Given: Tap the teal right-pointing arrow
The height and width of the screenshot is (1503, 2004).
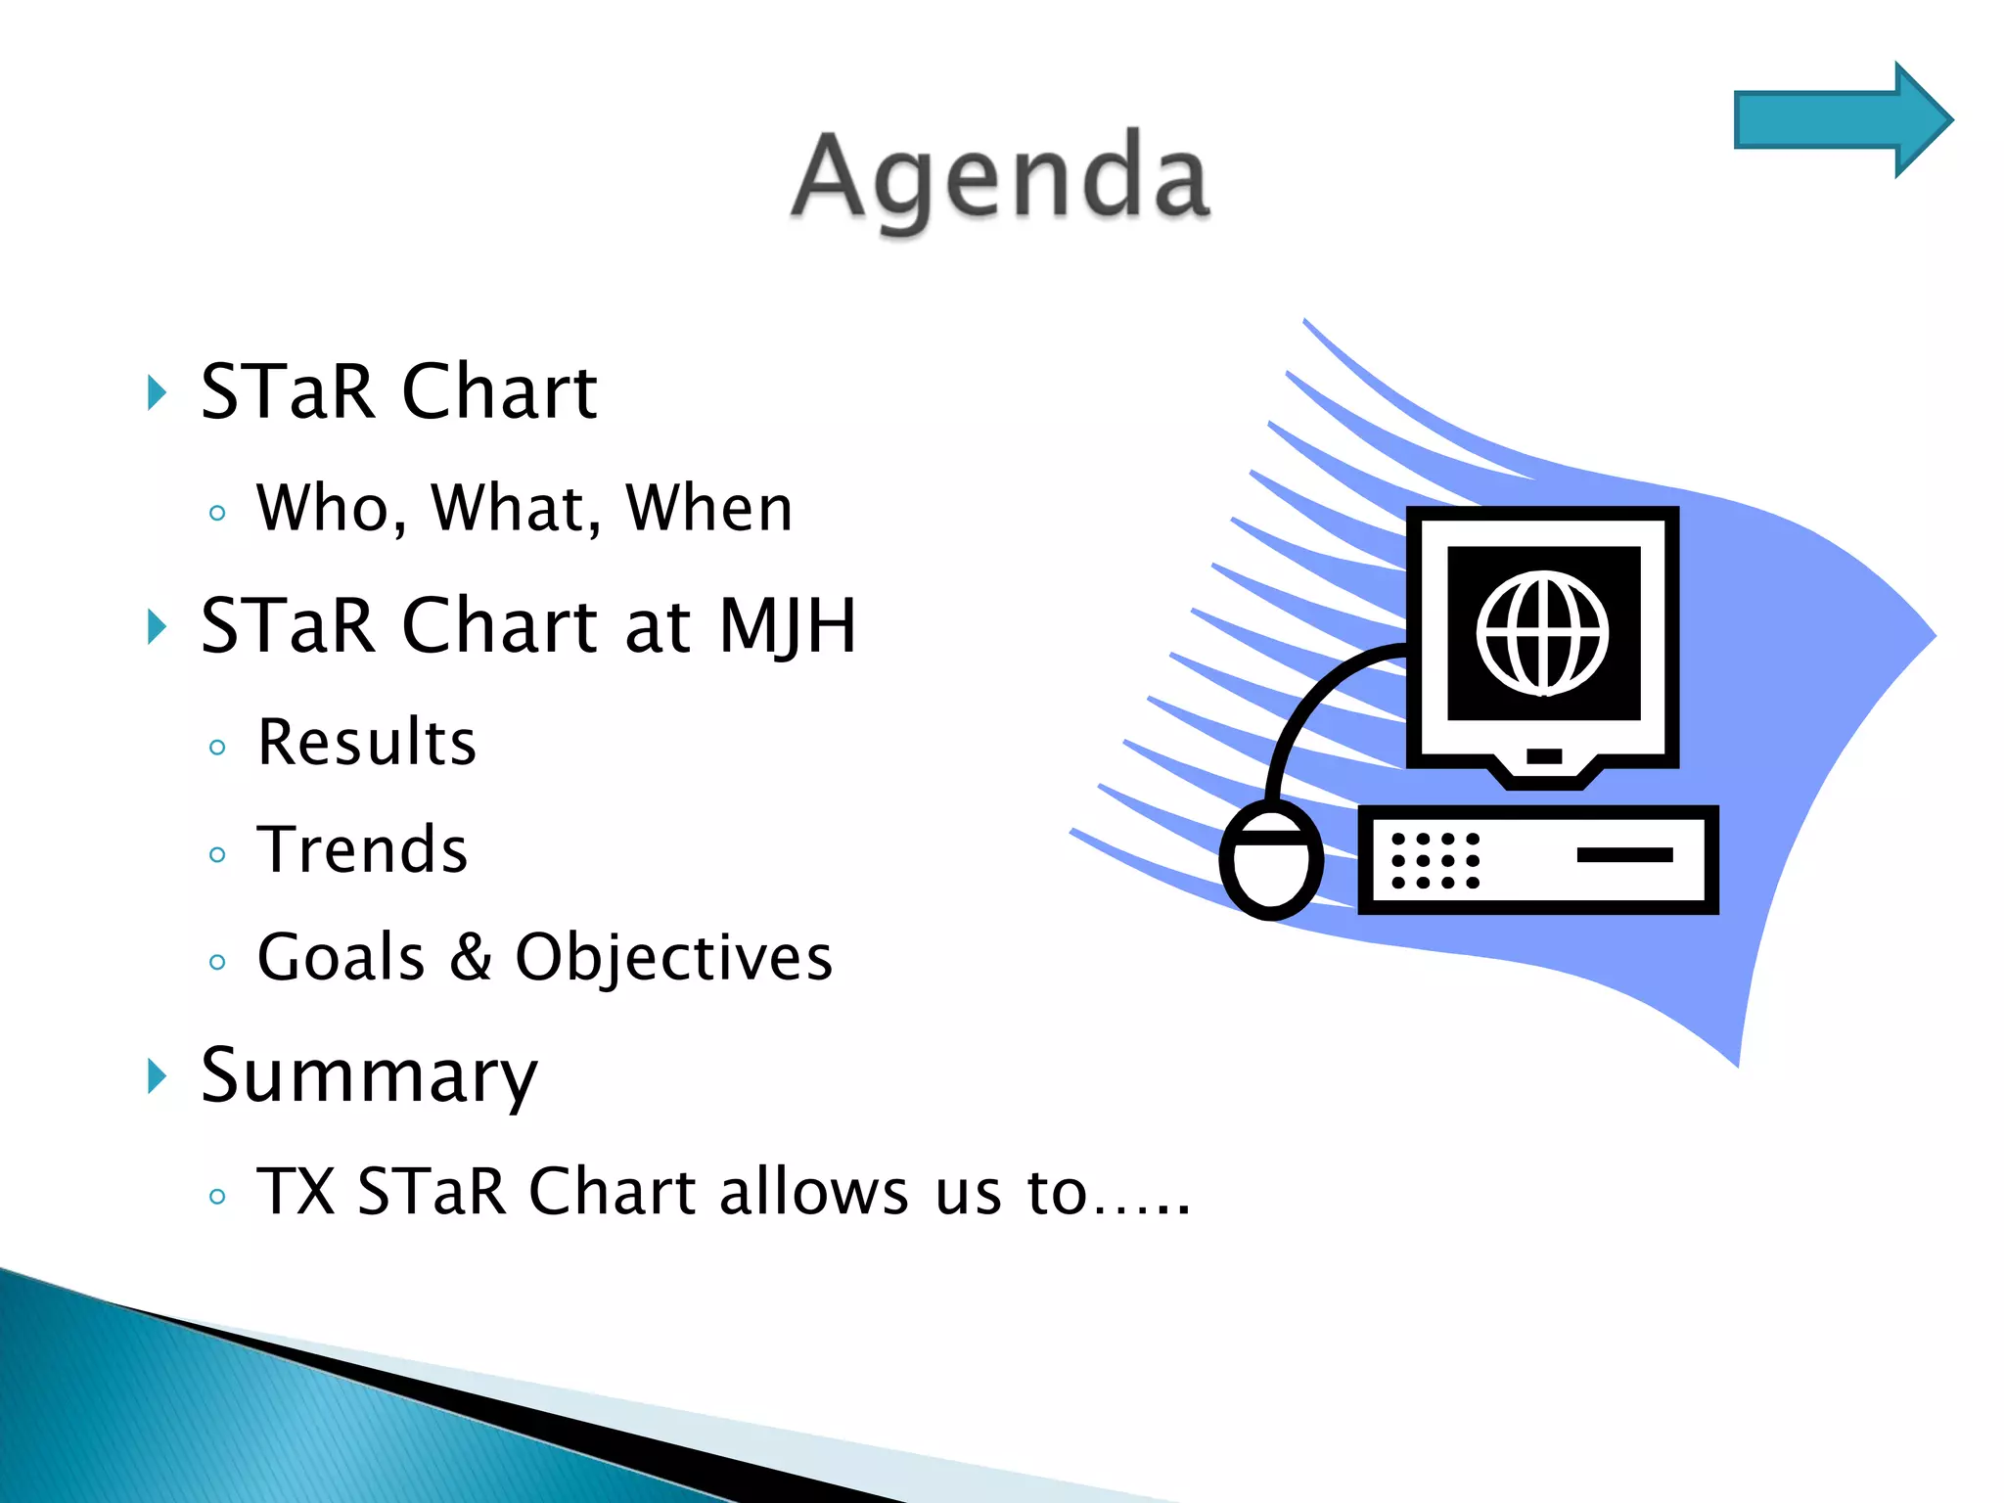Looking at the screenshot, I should [x=1840, y=119].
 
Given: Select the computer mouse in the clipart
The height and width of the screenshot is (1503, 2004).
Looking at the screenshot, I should [x=1270, y=859].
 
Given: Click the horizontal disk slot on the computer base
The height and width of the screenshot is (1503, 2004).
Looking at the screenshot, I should [x=1624, y=854].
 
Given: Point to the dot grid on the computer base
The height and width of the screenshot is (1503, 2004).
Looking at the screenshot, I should [x=1435, y=860].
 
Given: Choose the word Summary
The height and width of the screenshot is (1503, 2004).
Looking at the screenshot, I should [x=369, y=1076].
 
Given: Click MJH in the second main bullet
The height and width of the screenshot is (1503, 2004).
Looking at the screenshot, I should [x=788, y=626].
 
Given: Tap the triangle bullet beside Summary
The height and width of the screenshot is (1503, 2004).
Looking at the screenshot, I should [x=157, y=1076].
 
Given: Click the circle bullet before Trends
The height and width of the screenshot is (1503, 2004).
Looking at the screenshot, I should [x=217, y=855].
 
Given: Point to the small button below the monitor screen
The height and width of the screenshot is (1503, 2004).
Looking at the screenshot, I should [x=1544, y=755].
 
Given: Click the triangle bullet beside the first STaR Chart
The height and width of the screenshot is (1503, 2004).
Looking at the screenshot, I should [x=157, y=392].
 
